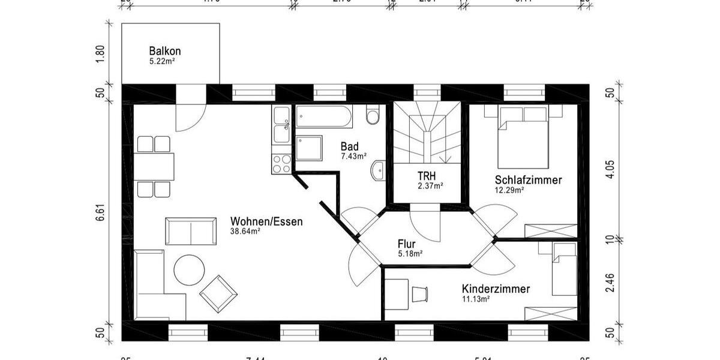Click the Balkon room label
coord(164,51)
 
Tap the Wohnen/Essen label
coord(266,221)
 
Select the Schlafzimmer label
coord(528,179)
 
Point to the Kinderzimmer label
coord(496,289)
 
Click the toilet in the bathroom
coord(373,114)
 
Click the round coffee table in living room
coord(190,270)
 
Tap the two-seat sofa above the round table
coord(191,231)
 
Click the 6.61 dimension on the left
coord(101,213)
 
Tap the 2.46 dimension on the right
coord(609,282)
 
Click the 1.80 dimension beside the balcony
coord(101,53)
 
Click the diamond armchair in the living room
coord(218,293)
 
